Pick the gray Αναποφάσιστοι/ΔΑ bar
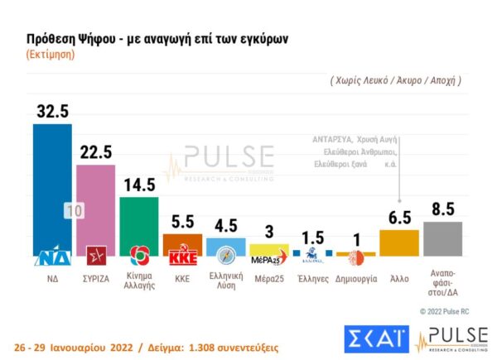pyautogui.click(x=442, y=240)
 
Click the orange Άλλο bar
pyautogui.click(x=398, y=244)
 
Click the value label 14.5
pyautogui.click(x=138, y=184)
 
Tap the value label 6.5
pyautogui.click(x=398, y=218)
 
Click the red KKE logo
pyautogui.click(x=182, y=256)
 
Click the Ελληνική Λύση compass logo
pyautogui.click(x=225, y=253)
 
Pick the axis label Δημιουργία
pyautogui.click(x=355, y=280)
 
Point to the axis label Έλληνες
pyautogui.click(x=312, y=280)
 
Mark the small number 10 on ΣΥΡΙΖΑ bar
pyautogui.click(x=74, y=211)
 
